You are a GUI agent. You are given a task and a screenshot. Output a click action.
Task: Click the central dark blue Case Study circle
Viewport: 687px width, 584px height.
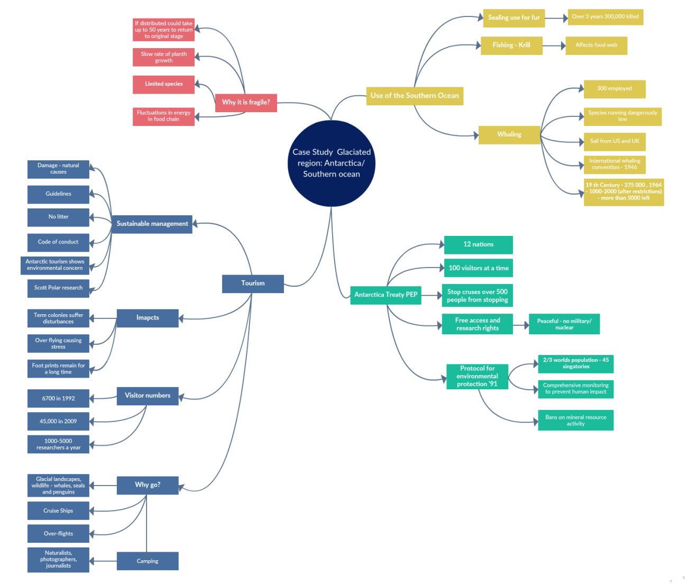click(x=332, y=163)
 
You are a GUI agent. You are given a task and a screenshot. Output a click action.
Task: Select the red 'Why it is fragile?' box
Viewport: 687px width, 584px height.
click(x=246, y=103)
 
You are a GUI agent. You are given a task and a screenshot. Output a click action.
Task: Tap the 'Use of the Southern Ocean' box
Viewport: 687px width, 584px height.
click(x=415, y=96)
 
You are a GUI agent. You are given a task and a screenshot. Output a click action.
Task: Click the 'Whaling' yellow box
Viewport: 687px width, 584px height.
click(x=509, y=135)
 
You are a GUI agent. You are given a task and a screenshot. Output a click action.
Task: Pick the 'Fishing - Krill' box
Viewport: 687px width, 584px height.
click(x=511, y=45)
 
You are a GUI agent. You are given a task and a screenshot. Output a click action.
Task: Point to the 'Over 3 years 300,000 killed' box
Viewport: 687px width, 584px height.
click(x=605, y=17)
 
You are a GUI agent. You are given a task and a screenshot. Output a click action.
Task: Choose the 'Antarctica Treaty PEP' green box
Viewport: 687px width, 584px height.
click(x=386, y=295)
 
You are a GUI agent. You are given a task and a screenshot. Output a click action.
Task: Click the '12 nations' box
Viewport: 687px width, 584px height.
click(x=478, y=244)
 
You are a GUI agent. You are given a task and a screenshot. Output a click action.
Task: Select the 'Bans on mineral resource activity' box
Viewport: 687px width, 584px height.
click(x=575, y=420)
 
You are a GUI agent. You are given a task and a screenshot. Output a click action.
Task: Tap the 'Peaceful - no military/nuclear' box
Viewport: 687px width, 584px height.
click(x=564, y=324)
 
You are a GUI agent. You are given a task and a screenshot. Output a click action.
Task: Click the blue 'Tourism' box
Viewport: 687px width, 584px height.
click(x=253, y=284)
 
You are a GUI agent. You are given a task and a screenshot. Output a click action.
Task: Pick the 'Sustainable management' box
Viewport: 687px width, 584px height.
click(x=152, y=224)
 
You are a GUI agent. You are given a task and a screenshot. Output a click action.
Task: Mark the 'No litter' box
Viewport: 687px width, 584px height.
click(x=58, y=217)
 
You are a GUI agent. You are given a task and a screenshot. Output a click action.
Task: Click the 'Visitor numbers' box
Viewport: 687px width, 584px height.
click(x=148, y=396)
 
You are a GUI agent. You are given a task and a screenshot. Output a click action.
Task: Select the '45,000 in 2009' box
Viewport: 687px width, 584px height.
click(x=58, y=422)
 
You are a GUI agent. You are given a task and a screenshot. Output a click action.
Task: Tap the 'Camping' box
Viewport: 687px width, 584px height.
click(x=148, y=561)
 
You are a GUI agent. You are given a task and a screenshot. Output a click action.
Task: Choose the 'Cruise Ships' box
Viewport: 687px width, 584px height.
click(x=58, y=511)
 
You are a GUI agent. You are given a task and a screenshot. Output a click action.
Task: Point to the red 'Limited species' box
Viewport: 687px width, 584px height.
click(x=163, y=84)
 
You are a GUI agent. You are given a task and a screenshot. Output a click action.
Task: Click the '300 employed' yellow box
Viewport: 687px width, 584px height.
click(x=614, y=89)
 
